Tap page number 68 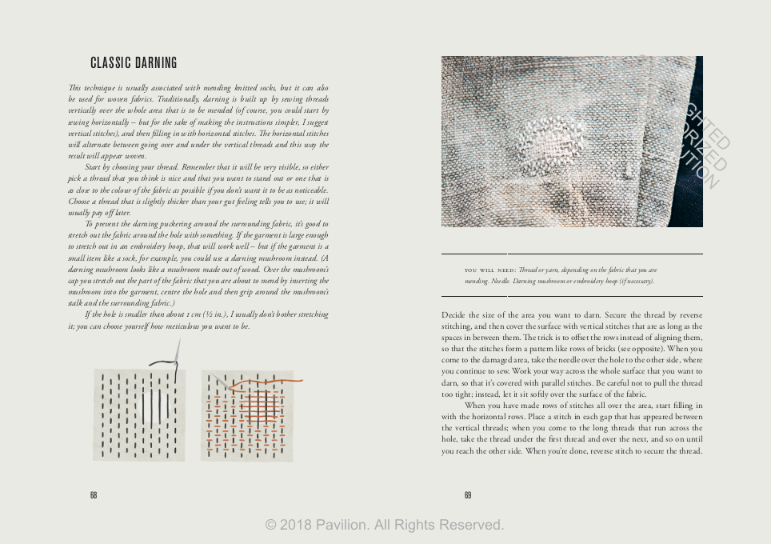click(94, 495)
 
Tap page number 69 click(468, 495)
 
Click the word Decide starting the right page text click(453, 315)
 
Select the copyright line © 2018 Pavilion click(385, 525)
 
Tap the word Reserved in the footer click(469, 525)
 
